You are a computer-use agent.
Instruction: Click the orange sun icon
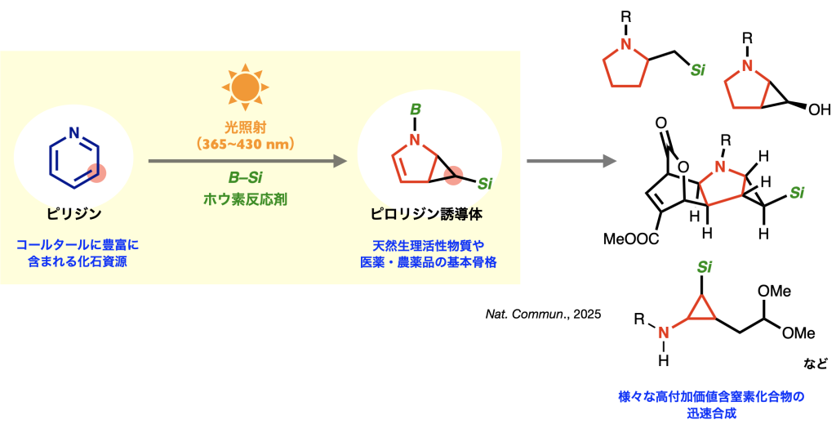[243, 87]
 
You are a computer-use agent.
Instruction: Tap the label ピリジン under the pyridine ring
[73, 214]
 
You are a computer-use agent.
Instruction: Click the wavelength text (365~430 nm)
[242, 142]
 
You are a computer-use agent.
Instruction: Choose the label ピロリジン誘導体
[429, 214]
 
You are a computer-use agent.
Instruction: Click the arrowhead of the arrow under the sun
[334, 161]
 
